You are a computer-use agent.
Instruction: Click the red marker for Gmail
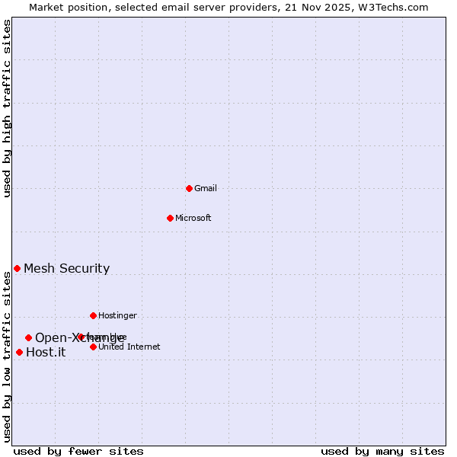click(189, 188)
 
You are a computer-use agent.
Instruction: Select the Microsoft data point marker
click(170, 218)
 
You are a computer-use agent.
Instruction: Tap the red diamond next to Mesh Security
click(17, 268)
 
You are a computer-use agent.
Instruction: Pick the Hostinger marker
click(93, 315)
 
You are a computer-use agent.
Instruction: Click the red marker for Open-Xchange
click(28, 337)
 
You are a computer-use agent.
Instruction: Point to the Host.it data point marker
click(19, 352)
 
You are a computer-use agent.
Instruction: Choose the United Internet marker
click(93, 347)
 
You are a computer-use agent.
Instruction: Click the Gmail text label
click(206, 188)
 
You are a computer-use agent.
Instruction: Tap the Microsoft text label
click(193, 218)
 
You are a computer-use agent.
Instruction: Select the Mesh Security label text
click(66, 268)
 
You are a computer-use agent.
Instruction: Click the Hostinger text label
click(117, 315)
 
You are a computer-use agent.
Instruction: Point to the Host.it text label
click(46, 352)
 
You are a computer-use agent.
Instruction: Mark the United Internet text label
click(129, 347)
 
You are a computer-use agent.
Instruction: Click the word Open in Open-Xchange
click(49, 337)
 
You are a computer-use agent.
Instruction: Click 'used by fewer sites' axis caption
click(78, 451)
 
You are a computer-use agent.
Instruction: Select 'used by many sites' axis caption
click(382, 451)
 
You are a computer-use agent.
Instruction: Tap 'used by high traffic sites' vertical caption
click(7, 109)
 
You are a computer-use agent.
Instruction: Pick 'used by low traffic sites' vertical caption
click(7, 356)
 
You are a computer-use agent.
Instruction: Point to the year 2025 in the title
click(341, 7)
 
